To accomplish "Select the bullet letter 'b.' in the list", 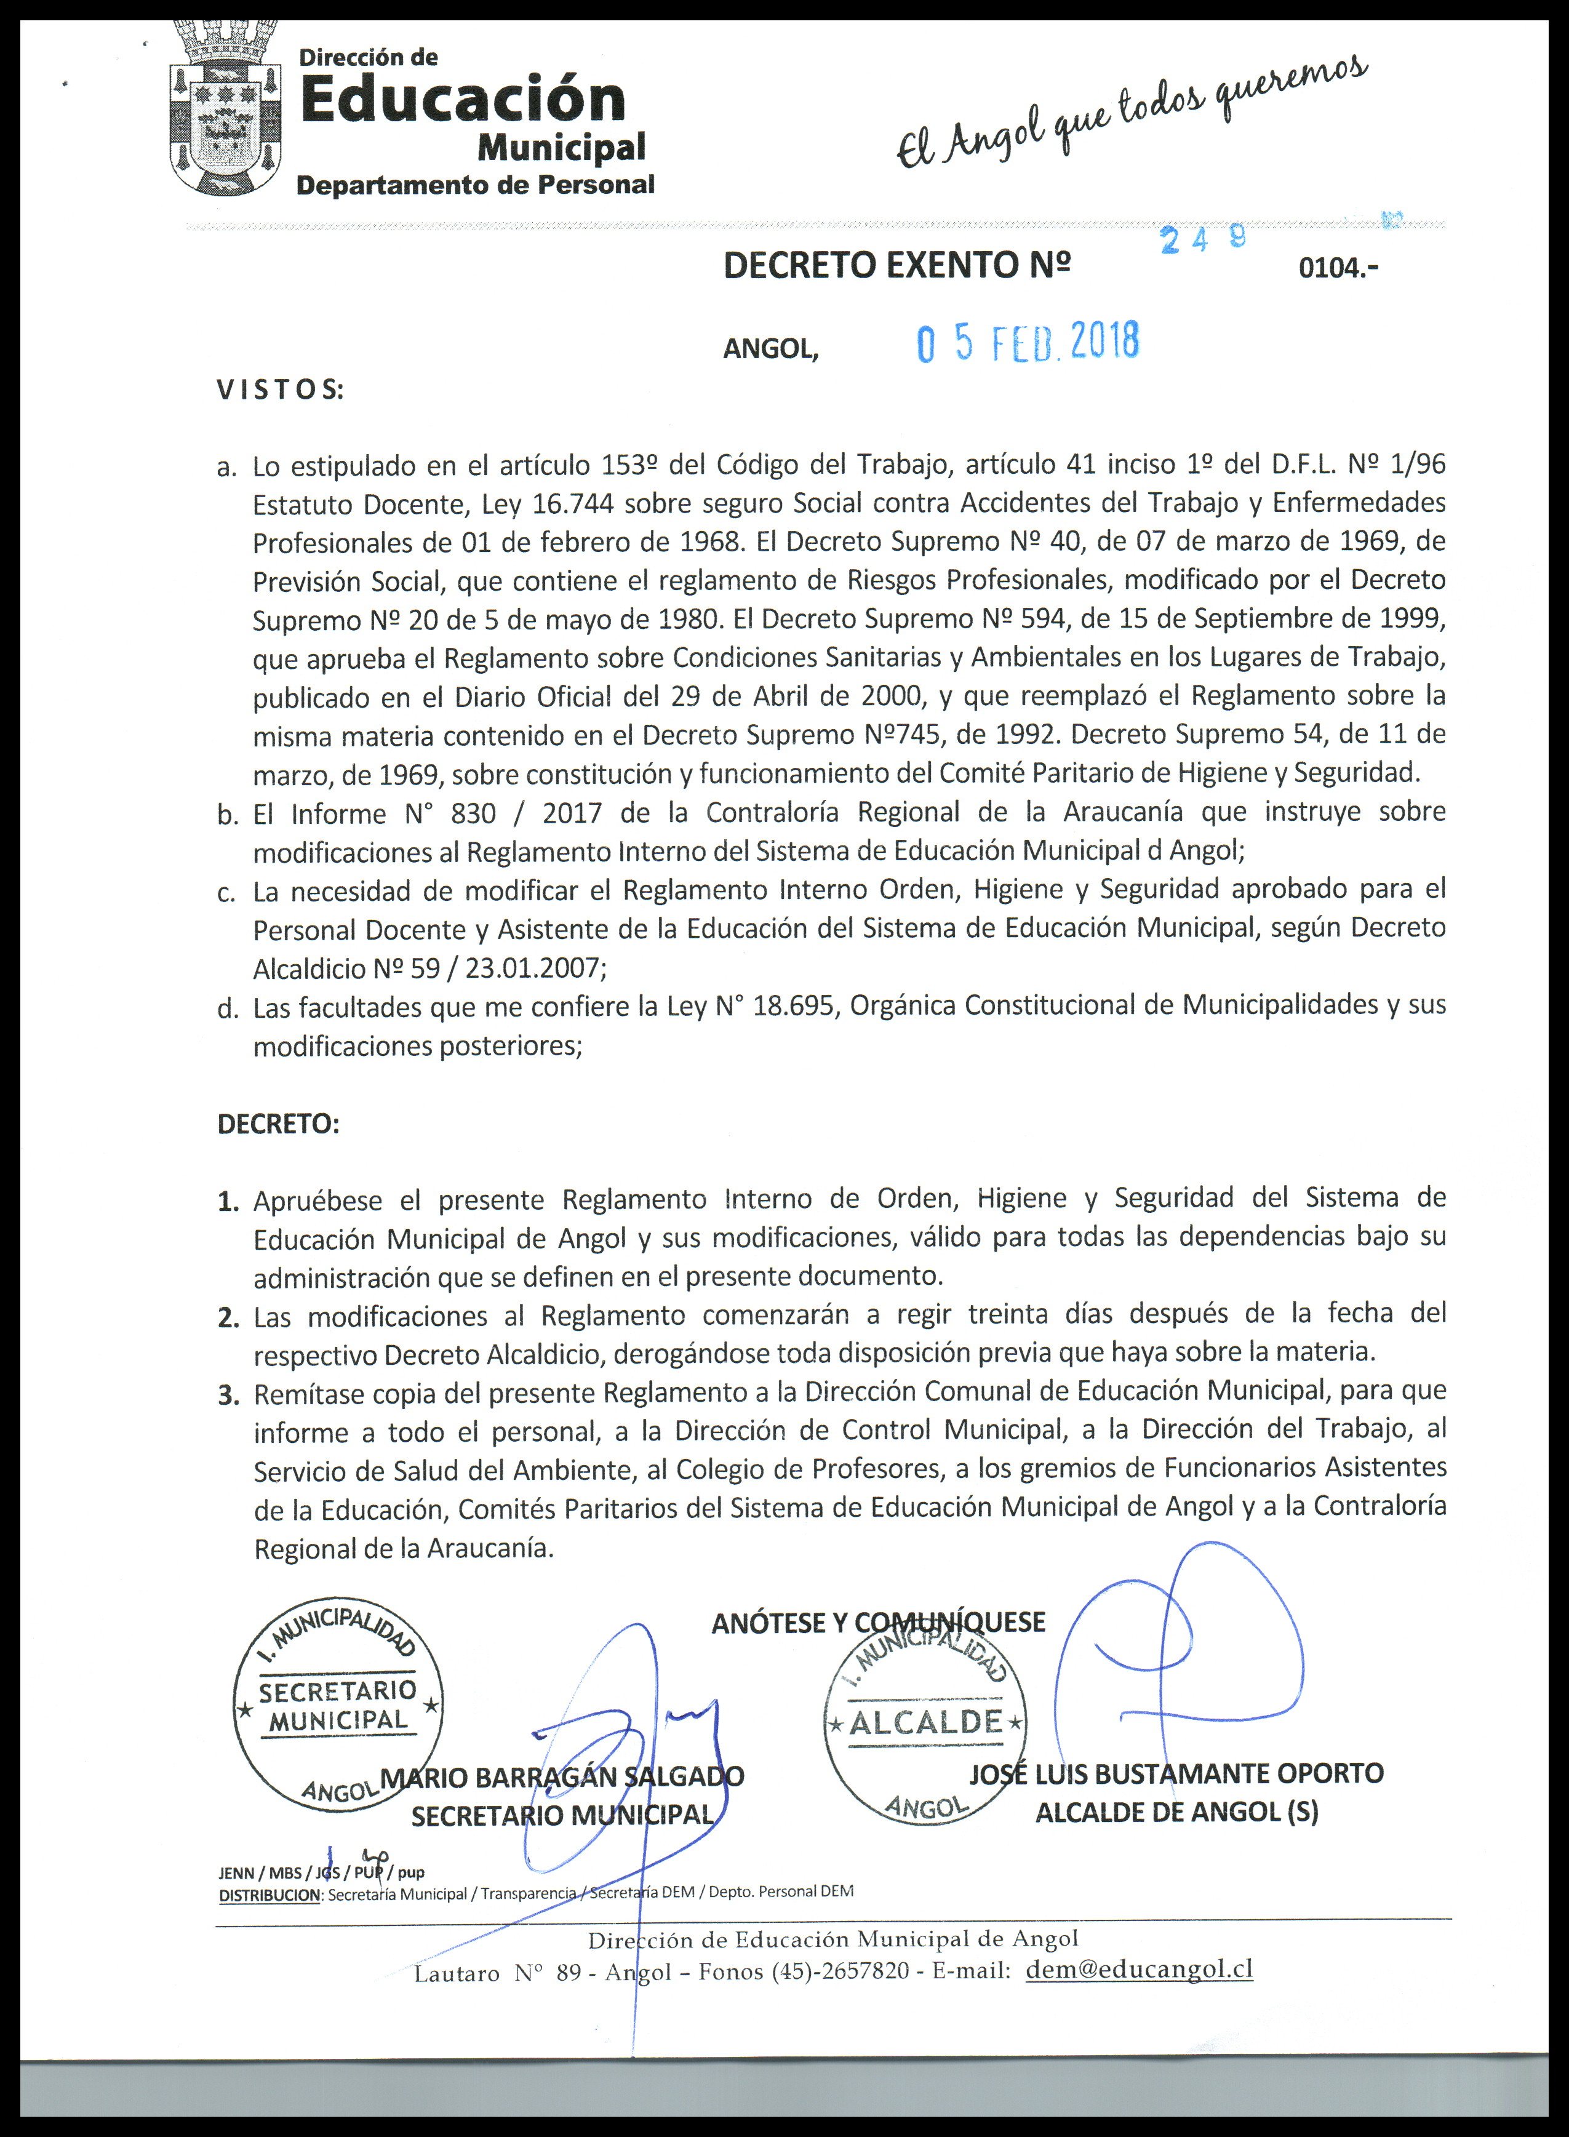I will (x=228, y=814).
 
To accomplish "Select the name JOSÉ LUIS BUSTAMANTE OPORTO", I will (x=1176, y=1773).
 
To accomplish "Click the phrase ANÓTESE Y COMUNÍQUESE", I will (x=877, y=1622).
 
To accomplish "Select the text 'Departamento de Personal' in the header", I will (x=476, y=184).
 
